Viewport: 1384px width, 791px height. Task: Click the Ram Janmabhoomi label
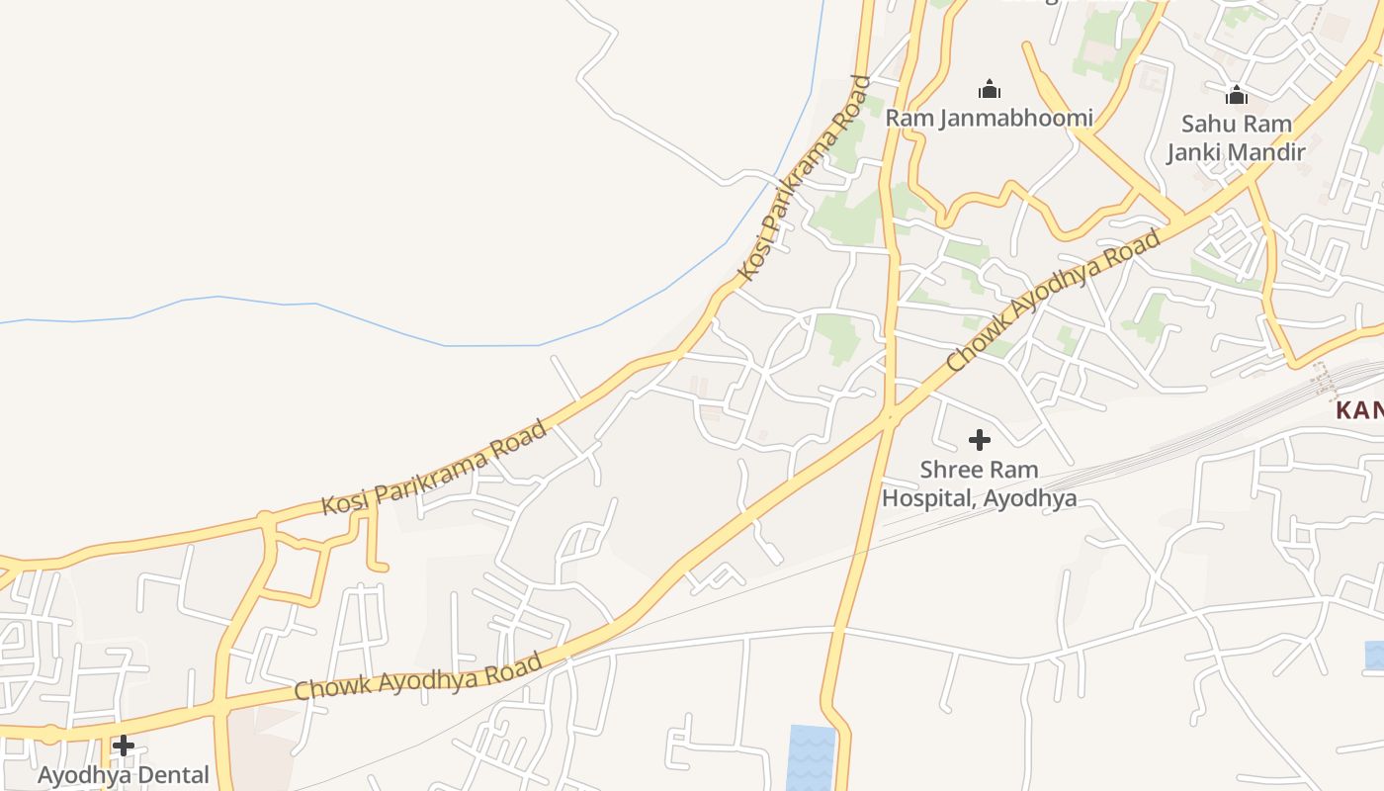(989, 119)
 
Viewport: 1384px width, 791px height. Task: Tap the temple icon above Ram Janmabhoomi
(989, 90)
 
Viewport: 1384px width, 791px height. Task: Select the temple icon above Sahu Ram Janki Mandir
(1236, 95)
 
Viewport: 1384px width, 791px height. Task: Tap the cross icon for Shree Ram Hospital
(980, 440)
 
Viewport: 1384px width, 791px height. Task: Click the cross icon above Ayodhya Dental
(124, 746)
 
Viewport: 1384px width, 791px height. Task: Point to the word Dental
(174, 775)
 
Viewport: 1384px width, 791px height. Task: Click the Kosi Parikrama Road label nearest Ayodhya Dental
(434, 468)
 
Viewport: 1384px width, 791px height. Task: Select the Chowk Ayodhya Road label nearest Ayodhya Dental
(418, 676)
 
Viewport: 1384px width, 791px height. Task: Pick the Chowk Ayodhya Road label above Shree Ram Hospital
(1054, 302)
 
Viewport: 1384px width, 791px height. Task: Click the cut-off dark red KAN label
(1360, 410)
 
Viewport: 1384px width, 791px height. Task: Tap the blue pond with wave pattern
(811, 757)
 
